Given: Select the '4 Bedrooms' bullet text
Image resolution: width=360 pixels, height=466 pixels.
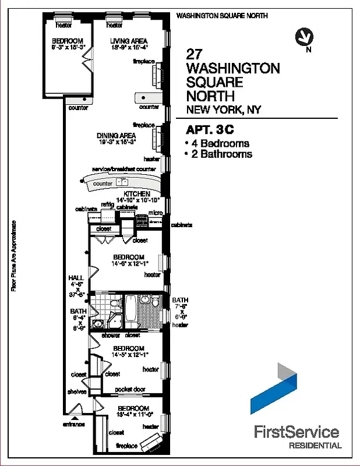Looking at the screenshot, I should pos(220,143).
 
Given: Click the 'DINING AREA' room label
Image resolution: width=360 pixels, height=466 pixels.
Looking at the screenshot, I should pos(117,136).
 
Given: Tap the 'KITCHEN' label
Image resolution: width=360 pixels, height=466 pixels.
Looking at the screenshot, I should pos(137,194).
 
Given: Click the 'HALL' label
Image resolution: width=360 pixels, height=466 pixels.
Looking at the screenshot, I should pos(76,278).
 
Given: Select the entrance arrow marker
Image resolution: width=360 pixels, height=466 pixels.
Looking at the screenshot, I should pos(74,418).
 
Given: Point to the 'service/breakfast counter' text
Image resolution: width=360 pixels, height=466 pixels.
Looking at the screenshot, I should pos(124,170).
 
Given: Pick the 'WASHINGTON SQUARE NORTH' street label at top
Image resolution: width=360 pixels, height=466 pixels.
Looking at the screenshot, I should pos(222,16).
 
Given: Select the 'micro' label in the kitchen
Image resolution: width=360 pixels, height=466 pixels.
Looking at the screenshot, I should pos(154,213).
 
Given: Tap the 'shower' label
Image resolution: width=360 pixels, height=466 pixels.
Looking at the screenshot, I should pos(111,336).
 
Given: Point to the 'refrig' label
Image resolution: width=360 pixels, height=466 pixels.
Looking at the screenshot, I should pos(107,204).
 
